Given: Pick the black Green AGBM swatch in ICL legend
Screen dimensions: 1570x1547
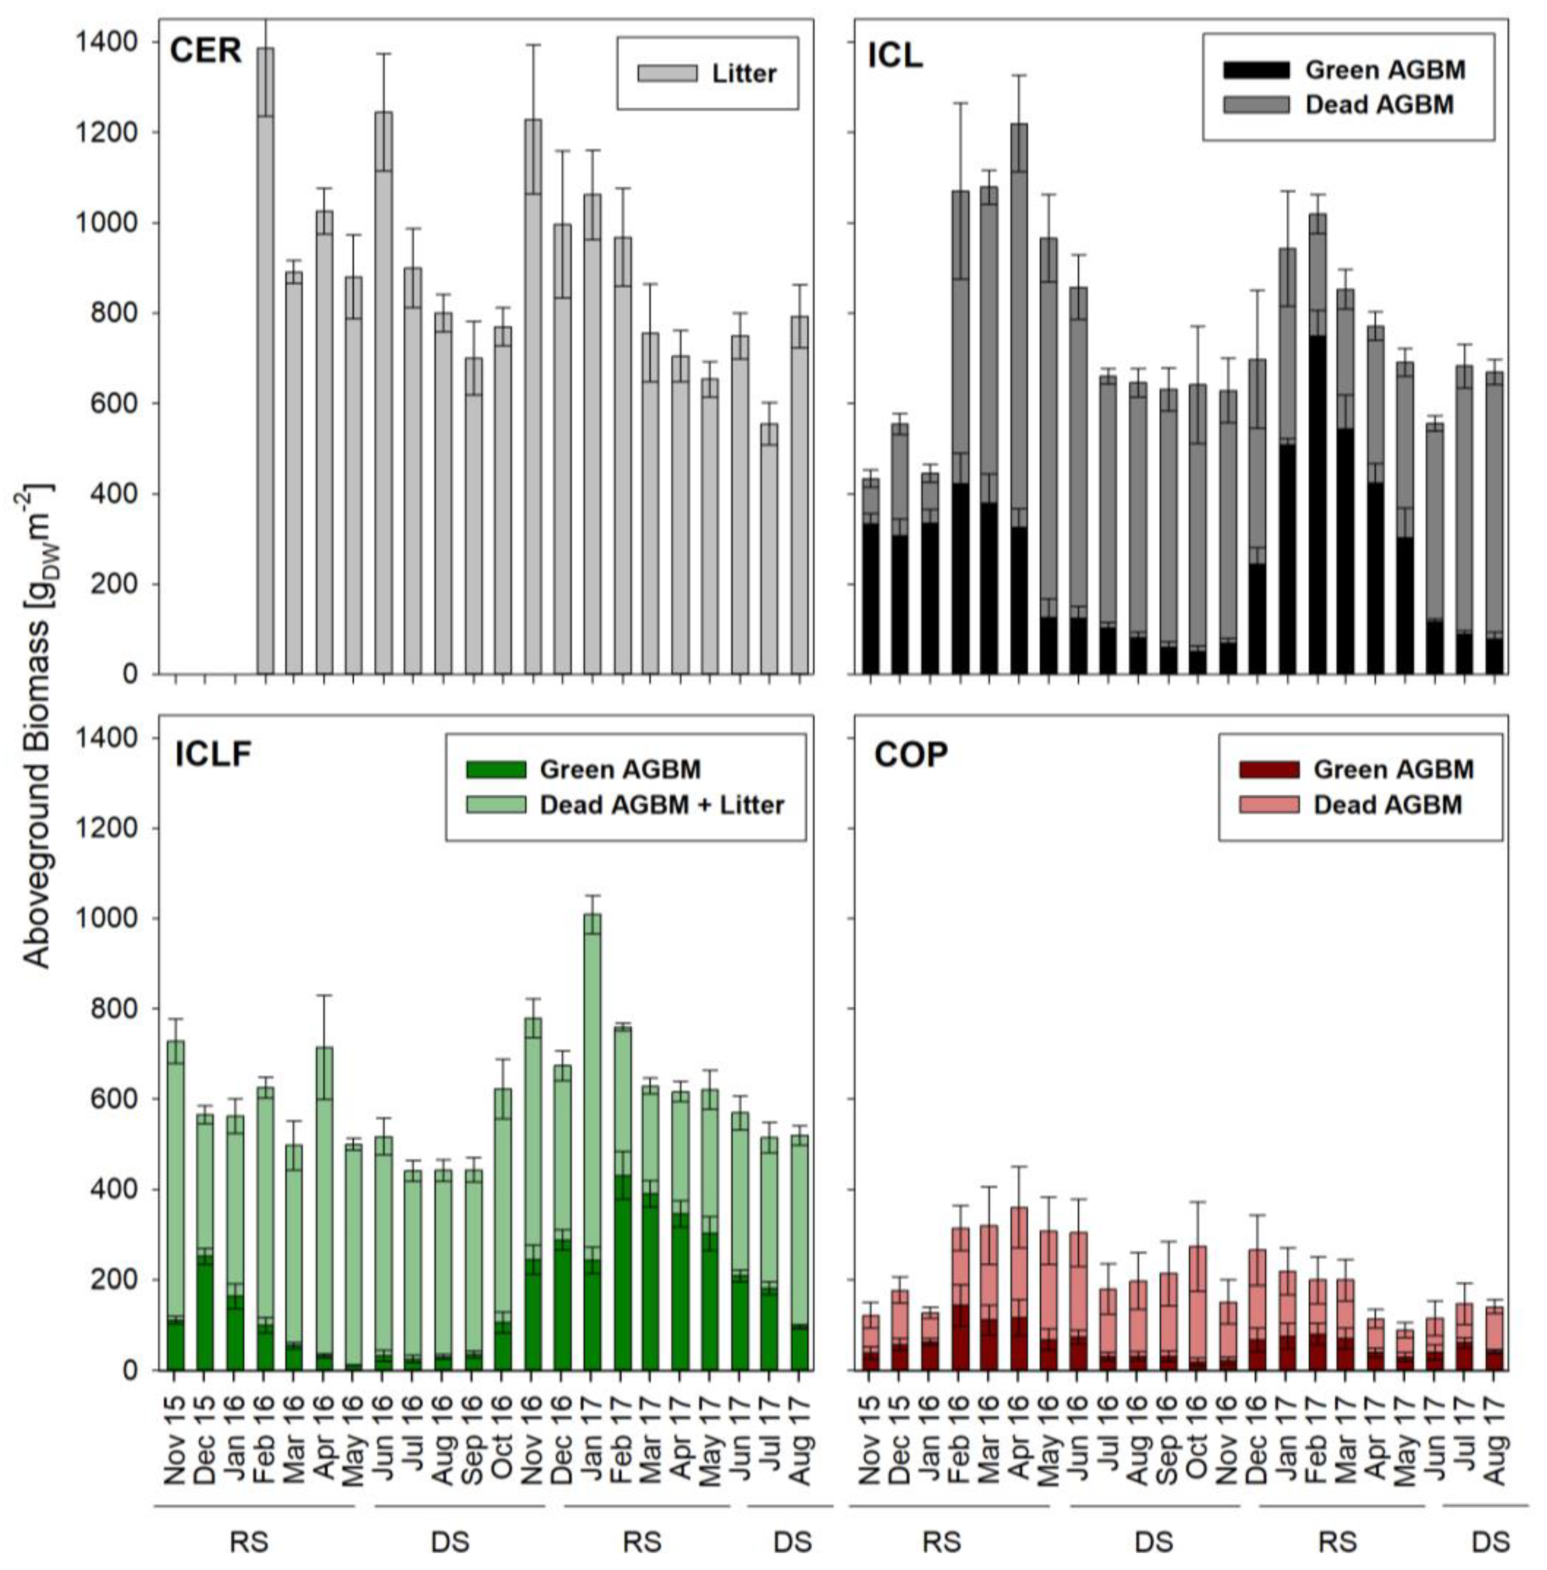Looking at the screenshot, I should pyautogui.click(x=1255, y=70).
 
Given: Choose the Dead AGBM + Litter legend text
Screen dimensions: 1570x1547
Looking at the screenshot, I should pyautogui.click(x=661, y=805).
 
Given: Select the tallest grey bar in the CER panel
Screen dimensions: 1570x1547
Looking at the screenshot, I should pyautogui.click(x=265, y=361).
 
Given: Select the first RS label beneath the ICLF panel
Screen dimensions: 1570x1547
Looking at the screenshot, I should pyautogui.click(x=248, y=1542).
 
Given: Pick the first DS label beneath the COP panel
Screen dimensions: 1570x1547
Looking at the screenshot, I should pyautogui.click(x=1154, y=1542).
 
